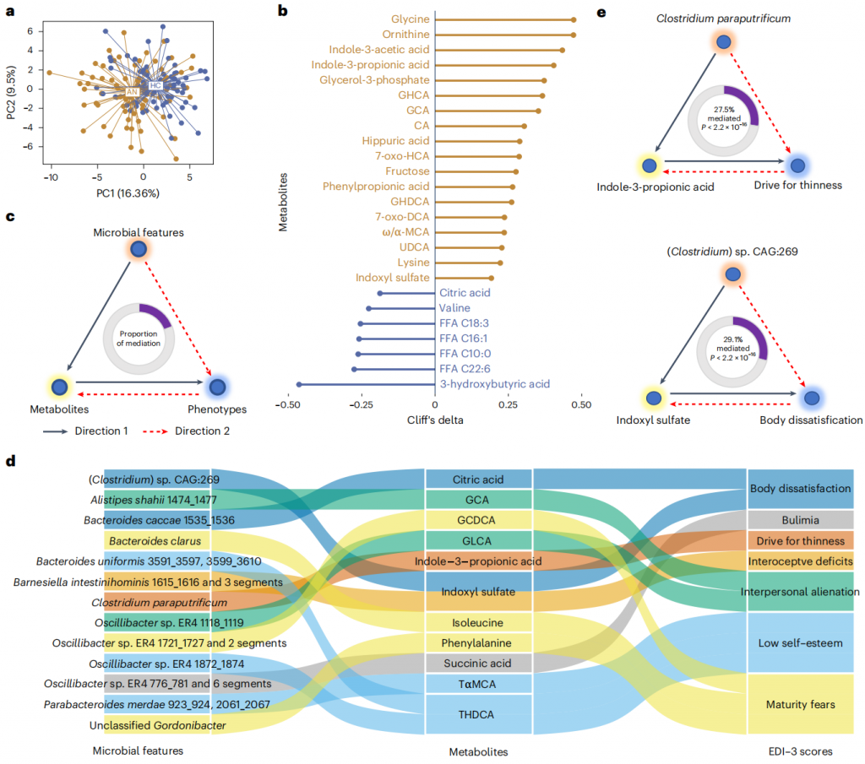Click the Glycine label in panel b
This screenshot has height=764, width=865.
click(411, 19)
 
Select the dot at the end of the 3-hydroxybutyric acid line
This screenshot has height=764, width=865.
click(298, 384)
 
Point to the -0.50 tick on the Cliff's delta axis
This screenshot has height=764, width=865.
click(293, 404)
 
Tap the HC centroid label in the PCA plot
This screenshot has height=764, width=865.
click(155, 86)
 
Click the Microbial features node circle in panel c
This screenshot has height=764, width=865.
click(139, 248)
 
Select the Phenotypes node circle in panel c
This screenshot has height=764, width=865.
click(217, 387)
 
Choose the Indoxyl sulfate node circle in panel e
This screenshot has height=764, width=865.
click(652, 396)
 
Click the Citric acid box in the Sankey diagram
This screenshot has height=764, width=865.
click(478, 479)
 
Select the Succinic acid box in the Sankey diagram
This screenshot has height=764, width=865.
click(478, 663)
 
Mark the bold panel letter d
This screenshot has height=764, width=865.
click(10, 462)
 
